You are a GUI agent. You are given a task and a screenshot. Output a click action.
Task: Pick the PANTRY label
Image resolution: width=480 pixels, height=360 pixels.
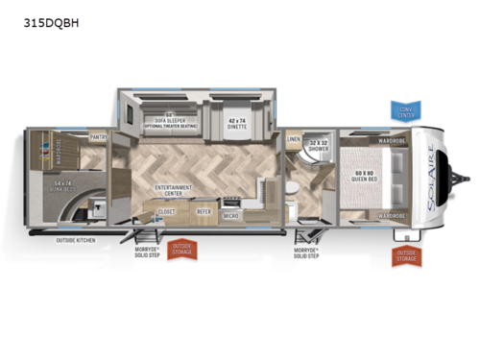pyautogui.click(x=98, y=138)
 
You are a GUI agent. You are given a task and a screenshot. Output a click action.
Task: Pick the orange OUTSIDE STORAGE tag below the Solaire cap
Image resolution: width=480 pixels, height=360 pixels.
pyautogui.click(x=403, y=256)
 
